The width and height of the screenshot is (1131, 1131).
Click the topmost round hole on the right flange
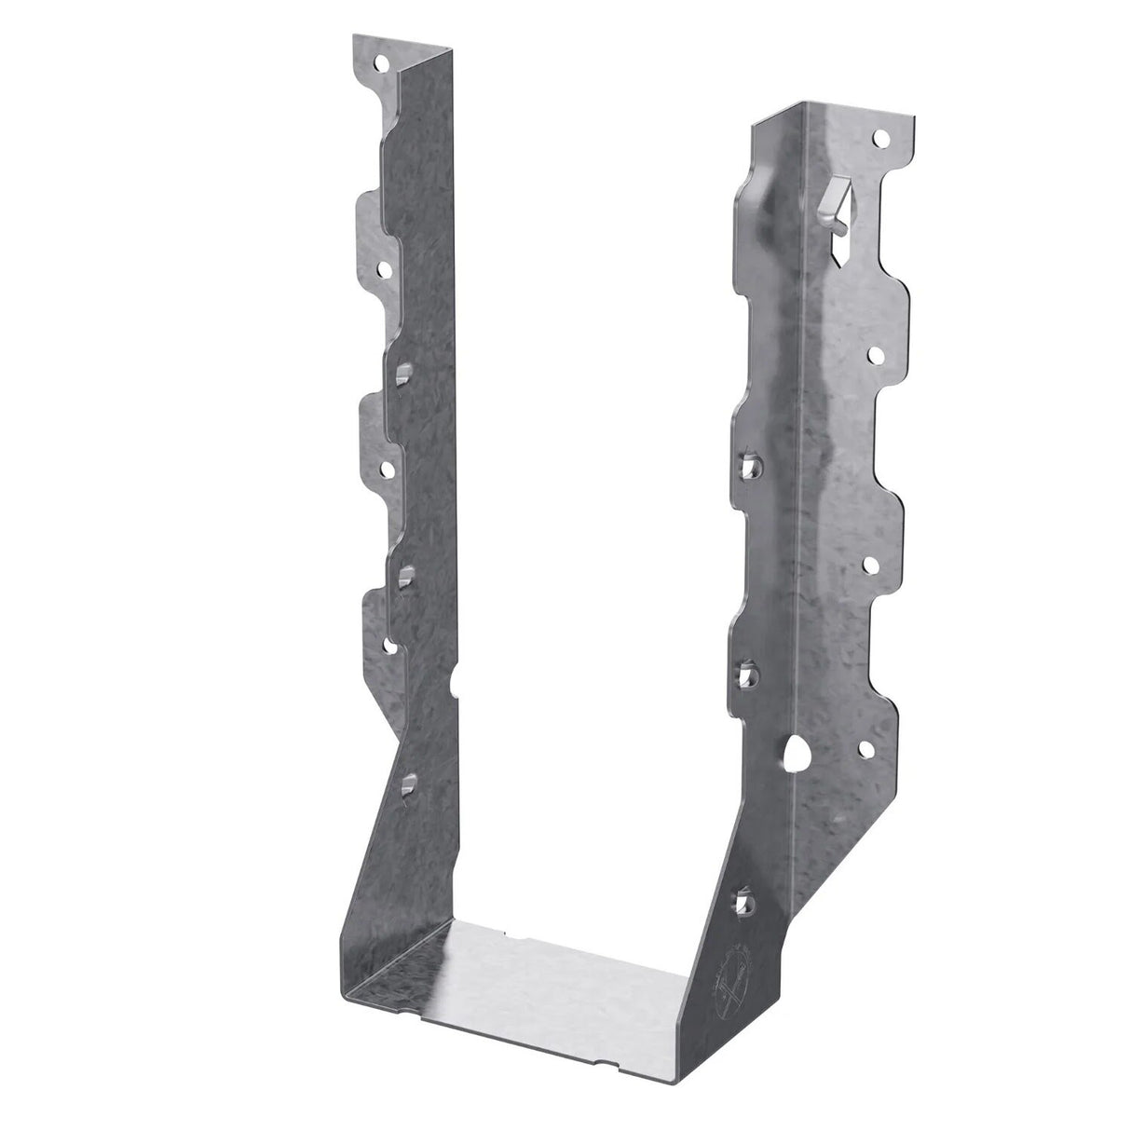pyautogui.click(x=877, y=139)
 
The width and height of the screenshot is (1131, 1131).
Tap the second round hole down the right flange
pyautogui.click(x=878, y=354)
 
